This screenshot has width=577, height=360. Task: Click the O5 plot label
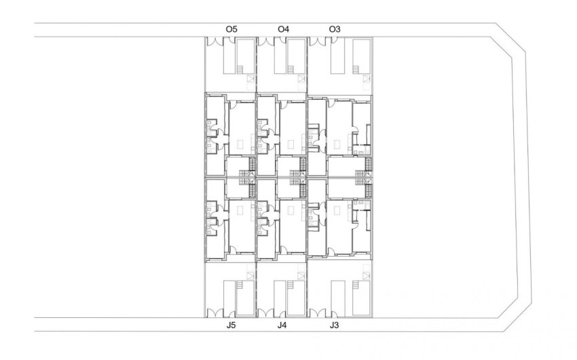231,29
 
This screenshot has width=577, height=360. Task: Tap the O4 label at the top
284,29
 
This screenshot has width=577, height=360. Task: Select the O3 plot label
334,29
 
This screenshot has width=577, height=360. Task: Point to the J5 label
231,325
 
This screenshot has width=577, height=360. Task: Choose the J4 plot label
282,325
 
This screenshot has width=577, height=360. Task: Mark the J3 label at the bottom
333,325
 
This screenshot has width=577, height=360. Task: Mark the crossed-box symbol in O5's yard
250,80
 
